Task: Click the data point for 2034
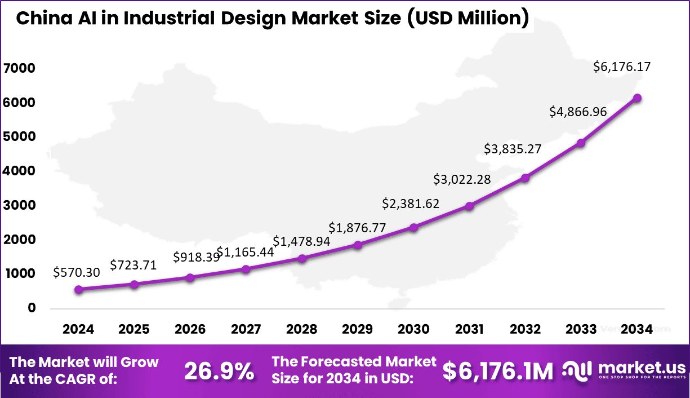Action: coord(637,98)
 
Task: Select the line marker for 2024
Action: coord(78,290)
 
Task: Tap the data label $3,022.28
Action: coord(462,180)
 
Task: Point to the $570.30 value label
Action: coord(77,273)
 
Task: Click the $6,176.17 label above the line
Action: coord(622,67)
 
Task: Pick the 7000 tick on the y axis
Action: coord(19,69)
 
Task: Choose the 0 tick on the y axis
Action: coord(32,308)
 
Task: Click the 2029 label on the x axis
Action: coord(358,329)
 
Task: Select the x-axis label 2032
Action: coord(525,329)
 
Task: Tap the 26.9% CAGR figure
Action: coord(219,371)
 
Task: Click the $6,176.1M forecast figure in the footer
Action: coord(497,371)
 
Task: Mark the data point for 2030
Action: coord(413,228)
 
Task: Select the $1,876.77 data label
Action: coord(357,228)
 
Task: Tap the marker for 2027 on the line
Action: coord(246,269)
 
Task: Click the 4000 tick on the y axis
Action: coord(19,171)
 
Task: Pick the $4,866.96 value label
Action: coord(578,112)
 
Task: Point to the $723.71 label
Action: coord(133,264)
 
